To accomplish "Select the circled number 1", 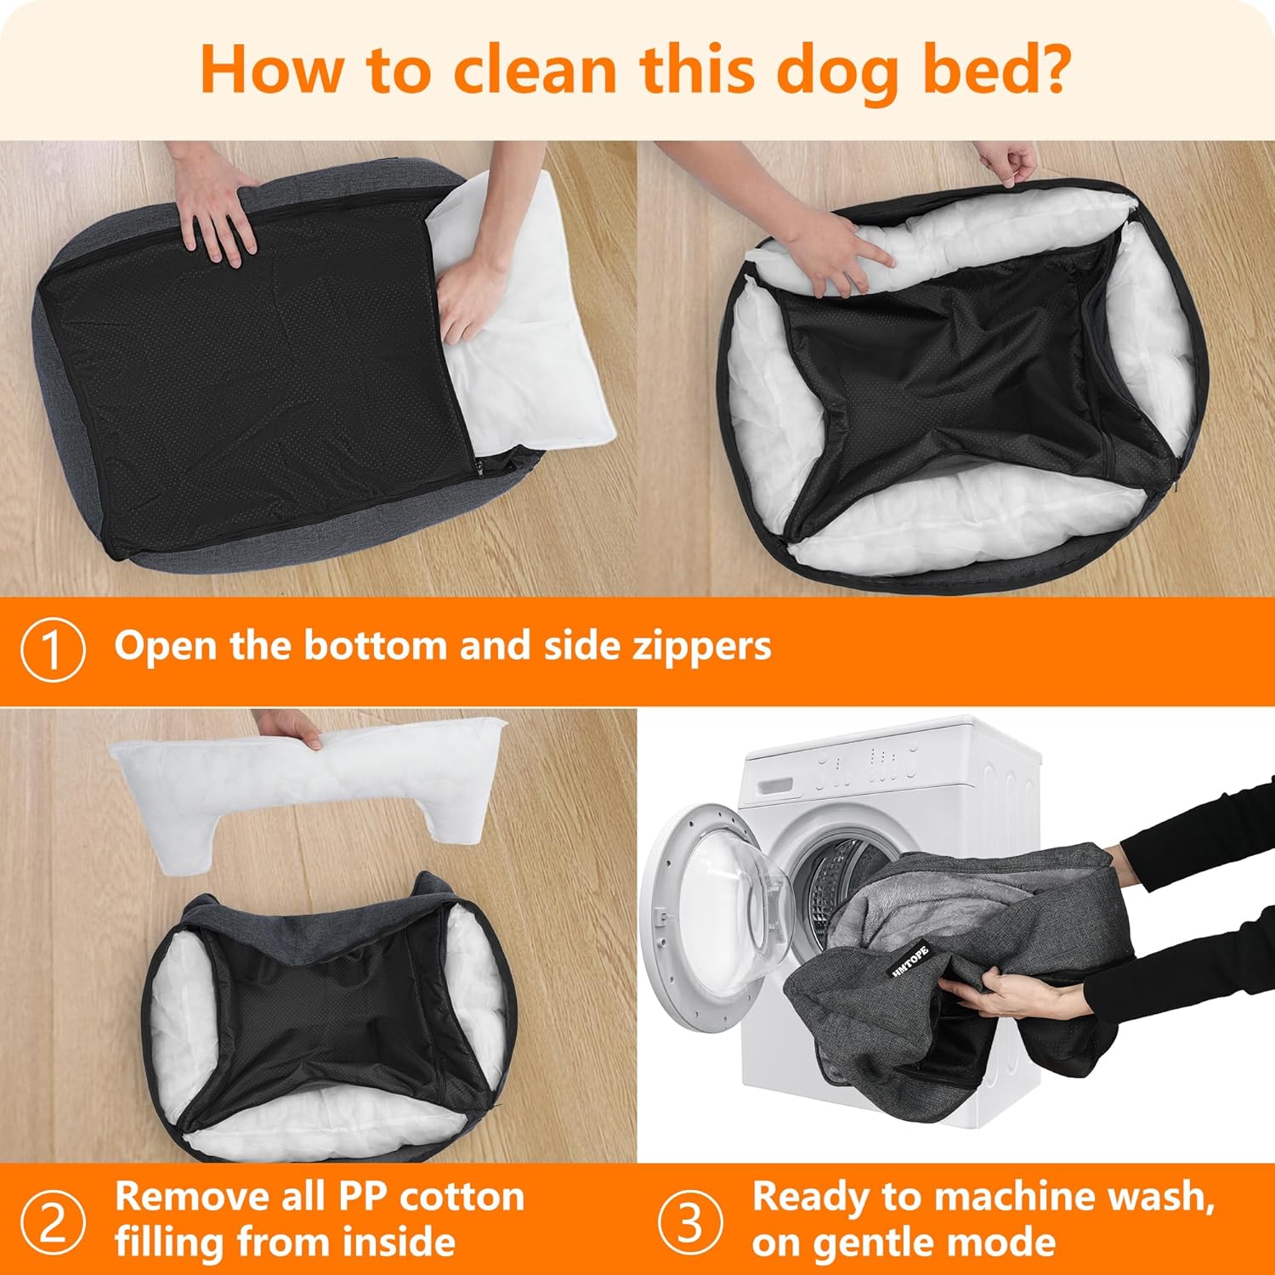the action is click(x=53, y=650).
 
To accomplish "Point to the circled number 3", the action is click(x=690, y=1221).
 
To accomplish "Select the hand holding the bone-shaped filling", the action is click(x=292, y=727).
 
